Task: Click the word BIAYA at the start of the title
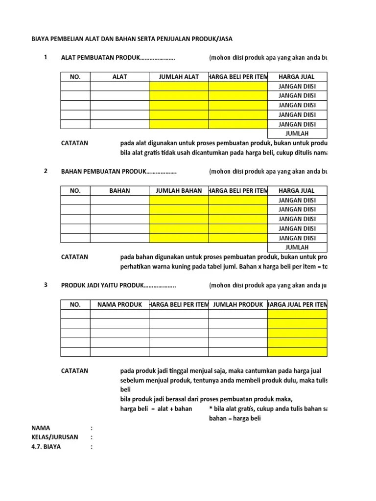tap(41, 39)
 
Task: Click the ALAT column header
tap(119, 77)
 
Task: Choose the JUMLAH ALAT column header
tap(179, 77)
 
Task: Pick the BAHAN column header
tap(119, 190)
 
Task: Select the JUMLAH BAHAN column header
tap(179, 190)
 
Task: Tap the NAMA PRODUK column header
tap(119, 304)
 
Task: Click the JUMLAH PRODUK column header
tap(238, 304)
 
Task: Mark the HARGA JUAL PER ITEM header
tap(298, 304)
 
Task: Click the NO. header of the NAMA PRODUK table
tap(75, 304)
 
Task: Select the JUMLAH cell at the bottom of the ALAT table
tap(297, 134)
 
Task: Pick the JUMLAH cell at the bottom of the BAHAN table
tap(297, 248)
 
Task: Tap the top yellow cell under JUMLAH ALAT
tap(179, 87)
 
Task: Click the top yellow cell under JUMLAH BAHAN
tap(179, 200)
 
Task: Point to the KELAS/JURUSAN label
tap(54, 437)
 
